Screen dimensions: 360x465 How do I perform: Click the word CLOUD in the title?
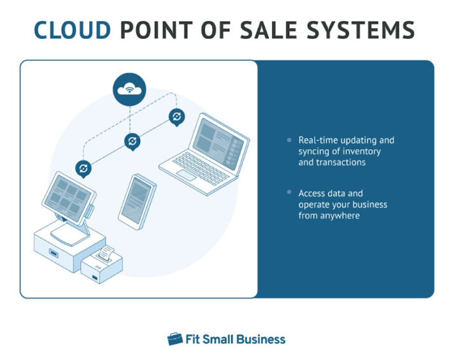tap(72, 30)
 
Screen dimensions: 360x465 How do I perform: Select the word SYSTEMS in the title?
tap(371, 30)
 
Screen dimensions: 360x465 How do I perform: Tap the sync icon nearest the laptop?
tap(176, 117)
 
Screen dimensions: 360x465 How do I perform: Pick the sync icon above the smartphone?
tap(132, 141)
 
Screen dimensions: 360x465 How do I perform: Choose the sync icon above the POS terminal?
tap(83, 169)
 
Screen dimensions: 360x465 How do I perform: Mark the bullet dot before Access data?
tap(290, 192)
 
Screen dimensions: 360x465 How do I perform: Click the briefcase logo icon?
tap(175, 339)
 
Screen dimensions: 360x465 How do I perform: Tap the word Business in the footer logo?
tap(261, 339)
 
